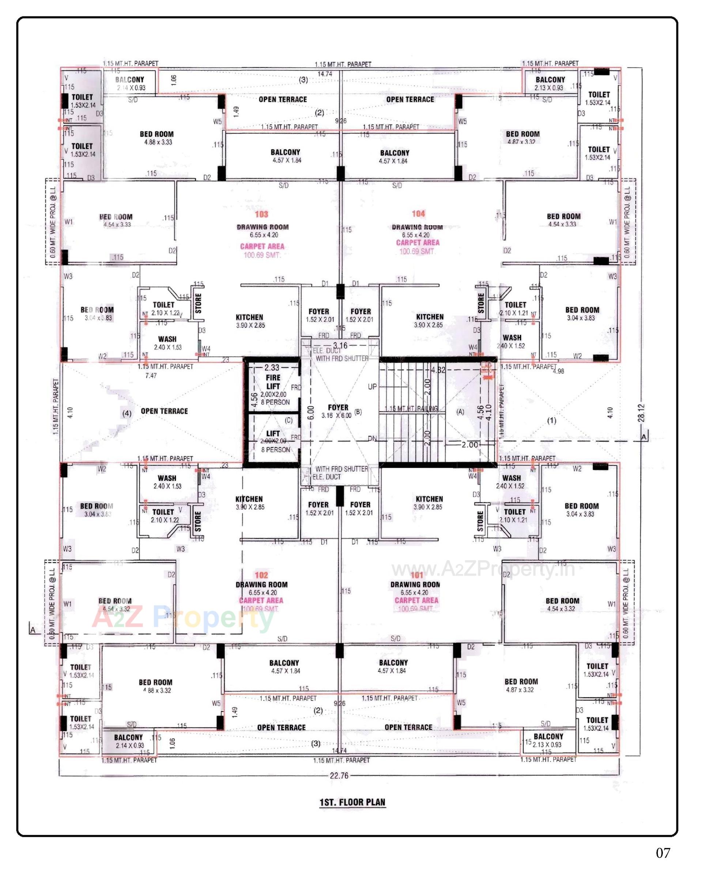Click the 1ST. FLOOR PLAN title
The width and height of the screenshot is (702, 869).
pos(352,802)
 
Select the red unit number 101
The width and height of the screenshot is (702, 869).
pos(416,575)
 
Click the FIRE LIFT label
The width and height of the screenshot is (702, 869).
pos(273,381)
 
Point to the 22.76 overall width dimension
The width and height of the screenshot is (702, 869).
pos(339,775)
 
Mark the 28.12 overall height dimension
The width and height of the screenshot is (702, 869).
pos(641,413)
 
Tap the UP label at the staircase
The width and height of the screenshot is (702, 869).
pos(373,386)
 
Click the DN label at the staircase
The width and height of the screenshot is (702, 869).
pos(373,439)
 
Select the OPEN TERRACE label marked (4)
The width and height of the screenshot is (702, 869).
pos(164,411)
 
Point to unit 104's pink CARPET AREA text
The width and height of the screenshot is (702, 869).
pos(417,242)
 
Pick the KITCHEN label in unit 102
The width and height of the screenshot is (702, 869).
pos(249,499)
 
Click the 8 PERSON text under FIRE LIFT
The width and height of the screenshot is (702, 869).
pos(275,402)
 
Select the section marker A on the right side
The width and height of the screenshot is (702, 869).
pos(644,437)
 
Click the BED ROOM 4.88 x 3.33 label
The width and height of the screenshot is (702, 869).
pos(157,138)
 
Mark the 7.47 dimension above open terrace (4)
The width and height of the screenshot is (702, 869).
pos(151,376)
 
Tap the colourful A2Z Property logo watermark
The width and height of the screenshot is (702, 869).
pos(183,618)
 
